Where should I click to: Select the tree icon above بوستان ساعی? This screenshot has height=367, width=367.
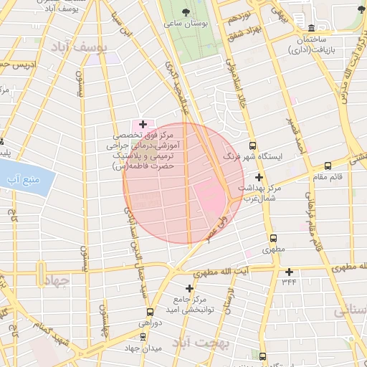(186, 12)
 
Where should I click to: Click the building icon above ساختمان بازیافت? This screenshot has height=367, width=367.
(309, 25)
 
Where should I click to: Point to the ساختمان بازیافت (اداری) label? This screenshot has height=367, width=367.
(309, 44)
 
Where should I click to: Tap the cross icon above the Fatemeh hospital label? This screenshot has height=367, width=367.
(143, 124)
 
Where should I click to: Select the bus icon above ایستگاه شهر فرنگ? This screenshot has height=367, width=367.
(272, 146)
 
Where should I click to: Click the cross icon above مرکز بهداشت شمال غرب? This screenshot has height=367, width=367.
(259, 177)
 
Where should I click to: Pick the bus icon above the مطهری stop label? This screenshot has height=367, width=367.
(272, 239)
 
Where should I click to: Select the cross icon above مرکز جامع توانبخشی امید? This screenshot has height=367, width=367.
(189, 287)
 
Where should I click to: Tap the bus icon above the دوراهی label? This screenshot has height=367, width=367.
(149, 313)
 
